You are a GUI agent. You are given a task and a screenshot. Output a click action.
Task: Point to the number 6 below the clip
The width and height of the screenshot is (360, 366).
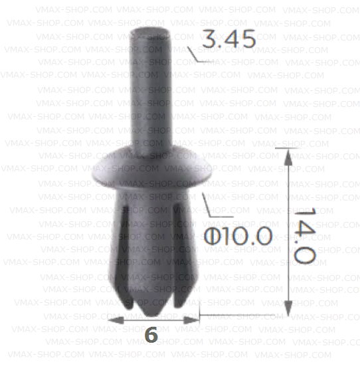tap(151, 335)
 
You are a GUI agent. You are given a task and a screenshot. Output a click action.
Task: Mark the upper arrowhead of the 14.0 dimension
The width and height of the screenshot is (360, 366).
tap(288, 155)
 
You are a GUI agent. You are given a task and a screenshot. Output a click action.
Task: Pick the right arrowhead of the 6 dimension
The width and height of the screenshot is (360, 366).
tap(193, 320)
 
